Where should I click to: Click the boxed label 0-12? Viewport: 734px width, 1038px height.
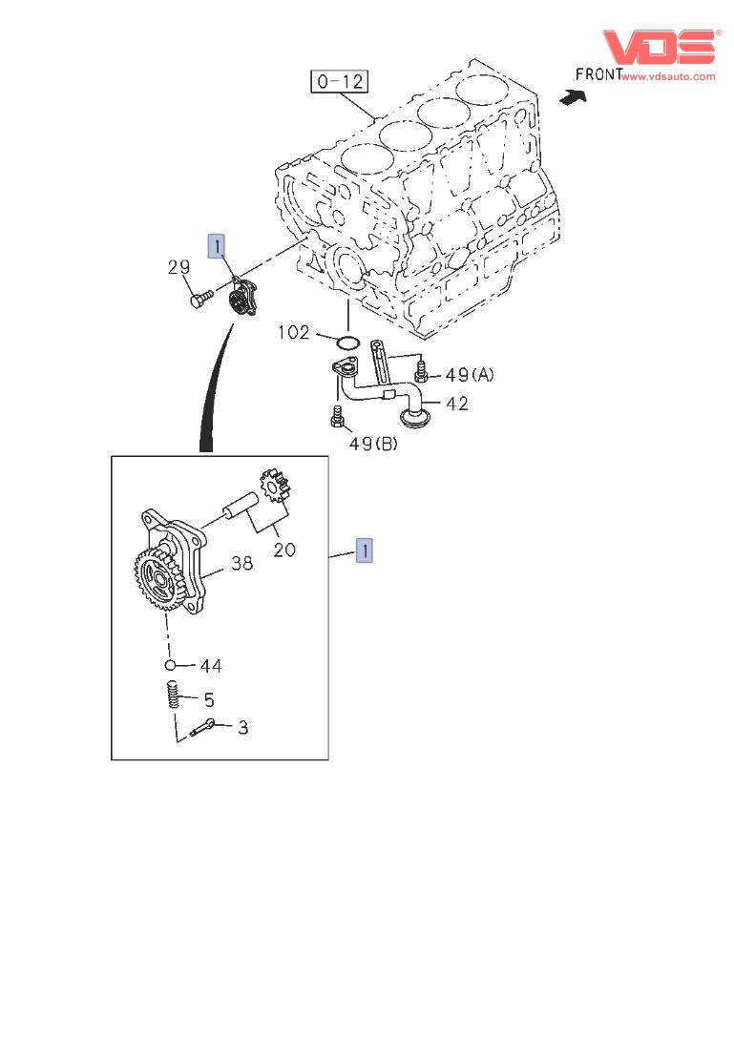[x=340, y=81]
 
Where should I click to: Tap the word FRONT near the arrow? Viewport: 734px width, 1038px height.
[x=598, y=73]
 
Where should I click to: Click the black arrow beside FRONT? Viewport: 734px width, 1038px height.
[x=572, y=95]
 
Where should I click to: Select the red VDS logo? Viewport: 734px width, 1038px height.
[x=658, y=47]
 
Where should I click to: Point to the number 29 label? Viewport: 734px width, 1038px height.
[x=179, y=268]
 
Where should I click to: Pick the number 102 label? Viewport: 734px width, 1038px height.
[x=294, y=332]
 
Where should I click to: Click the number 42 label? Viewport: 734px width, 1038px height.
[x=456, y=404]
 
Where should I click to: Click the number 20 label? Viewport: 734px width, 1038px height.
[x=284, y=549]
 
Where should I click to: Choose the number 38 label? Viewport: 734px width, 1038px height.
[x=241, y=563]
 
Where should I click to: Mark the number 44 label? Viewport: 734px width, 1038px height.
[x=210, y=665]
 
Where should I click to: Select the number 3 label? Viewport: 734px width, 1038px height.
[x=242, y=727]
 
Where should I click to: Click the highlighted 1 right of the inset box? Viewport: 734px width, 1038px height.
[x=364, y=550]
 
